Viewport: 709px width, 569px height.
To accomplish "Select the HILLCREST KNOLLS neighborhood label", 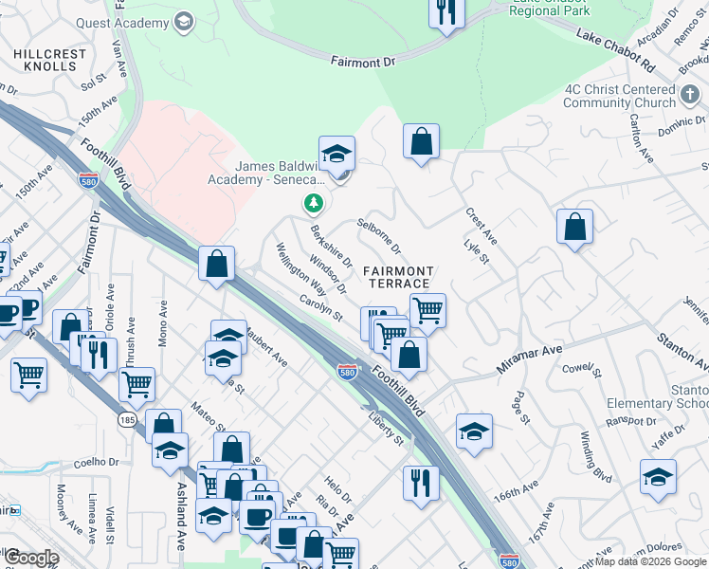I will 45,60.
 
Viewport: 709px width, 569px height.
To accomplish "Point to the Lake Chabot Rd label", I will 615,50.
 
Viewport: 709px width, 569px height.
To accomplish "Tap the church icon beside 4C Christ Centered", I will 691,96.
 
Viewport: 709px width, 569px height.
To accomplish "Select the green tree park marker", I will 313,203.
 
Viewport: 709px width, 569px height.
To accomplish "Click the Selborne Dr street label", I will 379,235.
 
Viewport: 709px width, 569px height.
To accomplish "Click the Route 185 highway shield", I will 126,419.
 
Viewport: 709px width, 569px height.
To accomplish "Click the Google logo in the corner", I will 30,558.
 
